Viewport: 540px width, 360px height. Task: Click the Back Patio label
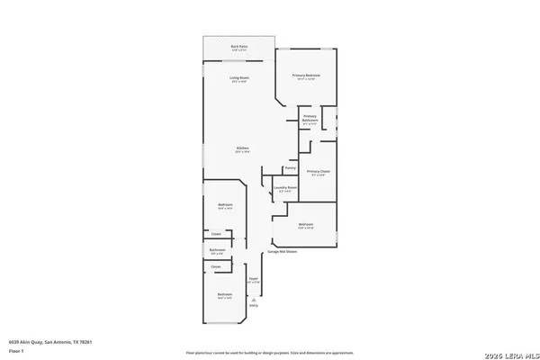(238, 46)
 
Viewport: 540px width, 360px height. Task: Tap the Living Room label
(239, 80)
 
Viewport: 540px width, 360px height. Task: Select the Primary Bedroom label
(309, 76)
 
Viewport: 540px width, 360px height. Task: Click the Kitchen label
(242, 148)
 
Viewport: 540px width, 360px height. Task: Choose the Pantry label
(291, 168)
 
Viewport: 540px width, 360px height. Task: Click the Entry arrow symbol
(254, 300)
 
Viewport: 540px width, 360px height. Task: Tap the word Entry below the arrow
(254, 306)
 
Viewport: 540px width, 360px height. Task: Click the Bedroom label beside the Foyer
(225, 295)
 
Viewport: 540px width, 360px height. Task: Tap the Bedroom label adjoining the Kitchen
(225, 206)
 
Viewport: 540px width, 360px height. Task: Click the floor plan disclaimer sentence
(269, 353)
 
